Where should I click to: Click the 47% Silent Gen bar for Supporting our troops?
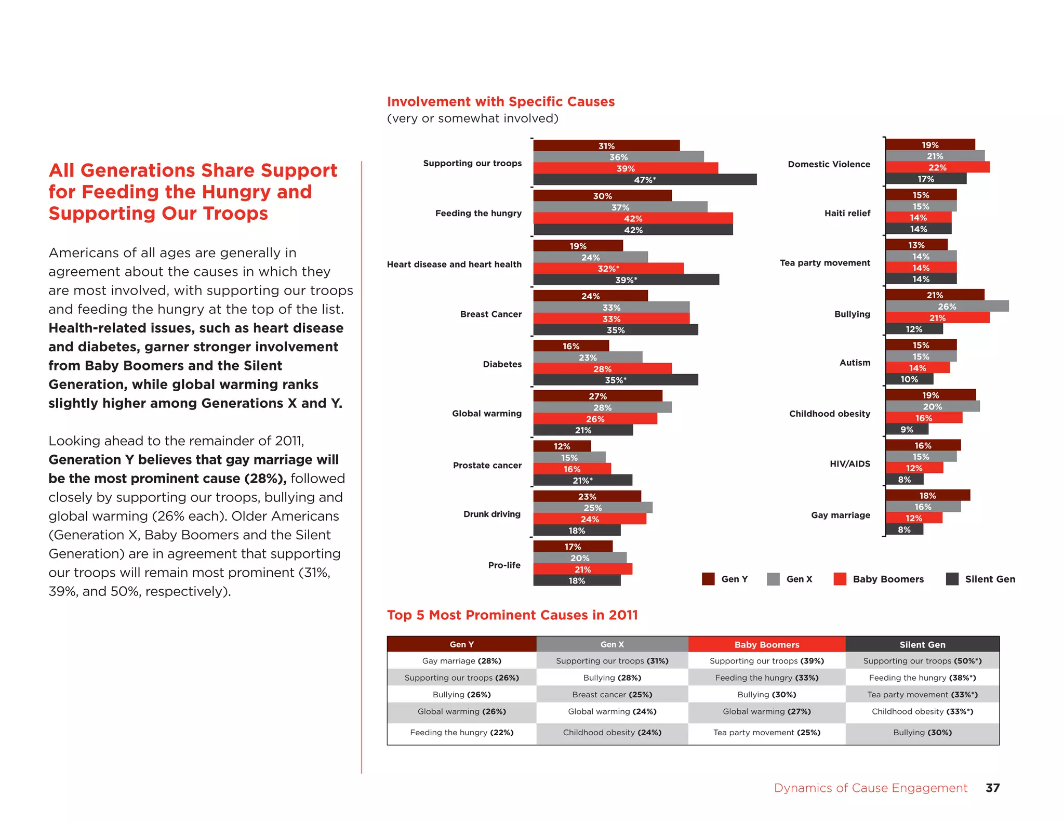[644, 180]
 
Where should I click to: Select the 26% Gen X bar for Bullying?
[947, 307]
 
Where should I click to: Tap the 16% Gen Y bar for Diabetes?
[570, 346]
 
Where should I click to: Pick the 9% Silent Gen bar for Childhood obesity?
[907, 430]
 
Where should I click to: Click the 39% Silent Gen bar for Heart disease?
[626, 280]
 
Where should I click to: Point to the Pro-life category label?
[504, 565]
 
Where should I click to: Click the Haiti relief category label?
[847, 213]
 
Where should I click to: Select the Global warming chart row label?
[486, 414]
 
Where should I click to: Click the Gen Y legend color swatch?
[708, 579]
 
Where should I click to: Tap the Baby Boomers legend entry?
[888, 579]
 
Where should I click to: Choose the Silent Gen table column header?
[922, 644]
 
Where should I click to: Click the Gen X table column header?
[612, 644]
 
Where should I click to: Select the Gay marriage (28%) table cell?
[461, 661]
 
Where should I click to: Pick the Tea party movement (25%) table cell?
[766, 733]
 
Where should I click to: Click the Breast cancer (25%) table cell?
[612, 695]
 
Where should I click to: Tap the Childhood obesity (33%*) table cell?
[922, 711]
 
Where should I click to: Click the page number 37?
[992, 788]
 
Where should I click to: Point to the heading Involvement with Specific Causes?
[501, 102]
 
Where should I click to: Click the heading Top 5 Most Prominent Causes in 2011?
[512, 615]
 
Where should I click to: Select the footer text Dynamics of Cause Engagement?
[870, 788]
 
